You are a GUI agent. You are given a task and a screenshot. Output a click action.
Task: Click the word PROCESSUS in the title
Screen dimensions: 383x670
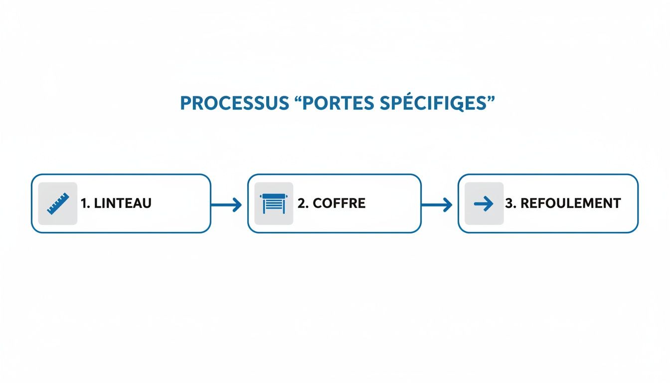pos(233,103)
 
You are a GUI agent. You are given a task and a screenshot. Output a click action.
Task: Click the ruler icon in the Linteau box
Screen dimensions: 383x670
pos(58,203)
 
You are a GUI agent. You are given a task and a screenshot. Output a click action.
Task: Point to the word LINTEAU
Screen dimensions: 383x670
pos(122,203)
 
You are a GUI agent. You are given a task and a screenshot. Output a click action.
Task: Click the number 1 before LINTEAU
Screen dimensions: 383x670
pos(83,203)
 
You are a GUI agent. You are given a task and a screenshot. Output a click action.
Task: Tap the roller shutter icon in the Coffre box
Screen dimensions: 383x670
pos(274,203)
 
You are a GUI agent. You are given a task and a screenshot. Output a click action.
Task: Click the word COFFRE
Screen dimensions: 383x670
pos(339,203)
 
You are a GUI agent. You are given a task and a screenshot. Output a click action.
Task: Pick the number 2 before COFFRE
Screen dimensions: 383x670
pos(301,203)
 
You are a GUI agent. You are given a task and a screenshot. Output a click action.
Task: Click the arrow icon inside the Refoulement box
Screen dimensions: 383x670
pos(484,203)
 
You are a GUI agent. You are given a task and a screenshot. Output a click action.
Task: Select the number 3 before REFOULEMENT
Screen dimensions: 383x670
pos(509,203)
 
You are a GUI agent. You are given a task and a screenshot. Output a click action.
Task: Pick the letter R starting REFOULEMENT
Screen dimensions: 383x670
pos(524,203)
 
